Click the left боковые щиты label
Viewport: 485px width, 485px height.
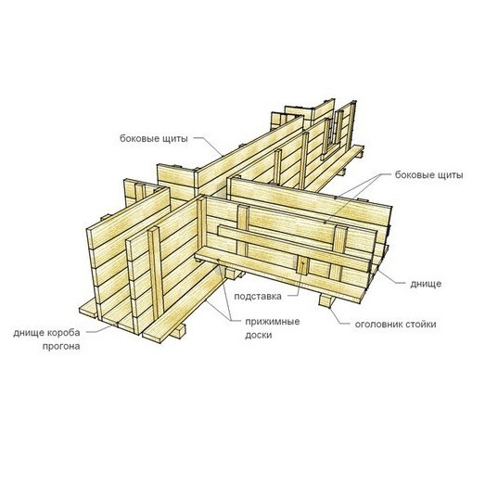[154, 138]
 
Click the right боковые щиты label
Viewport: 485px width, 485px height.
[428, 175]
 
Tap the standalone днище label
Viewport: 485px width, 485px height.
[426, 284]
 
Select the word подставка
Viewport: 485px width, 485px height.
[258, 297]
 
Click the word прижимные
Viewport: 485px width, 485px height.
[273, 322]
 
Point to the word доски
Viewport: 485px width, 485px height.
[259, 336]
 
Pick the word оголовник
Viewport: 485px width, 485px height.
[378, 325]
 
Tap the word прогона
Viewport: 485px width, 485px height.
[61, 347]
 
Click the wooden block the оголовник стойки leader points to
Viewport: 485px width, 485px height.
[326, 300]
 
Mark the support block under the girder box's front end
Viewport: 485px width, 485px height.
[176, 332]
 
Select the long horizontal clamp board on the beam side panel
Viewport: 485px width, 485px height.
[295, 249]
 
